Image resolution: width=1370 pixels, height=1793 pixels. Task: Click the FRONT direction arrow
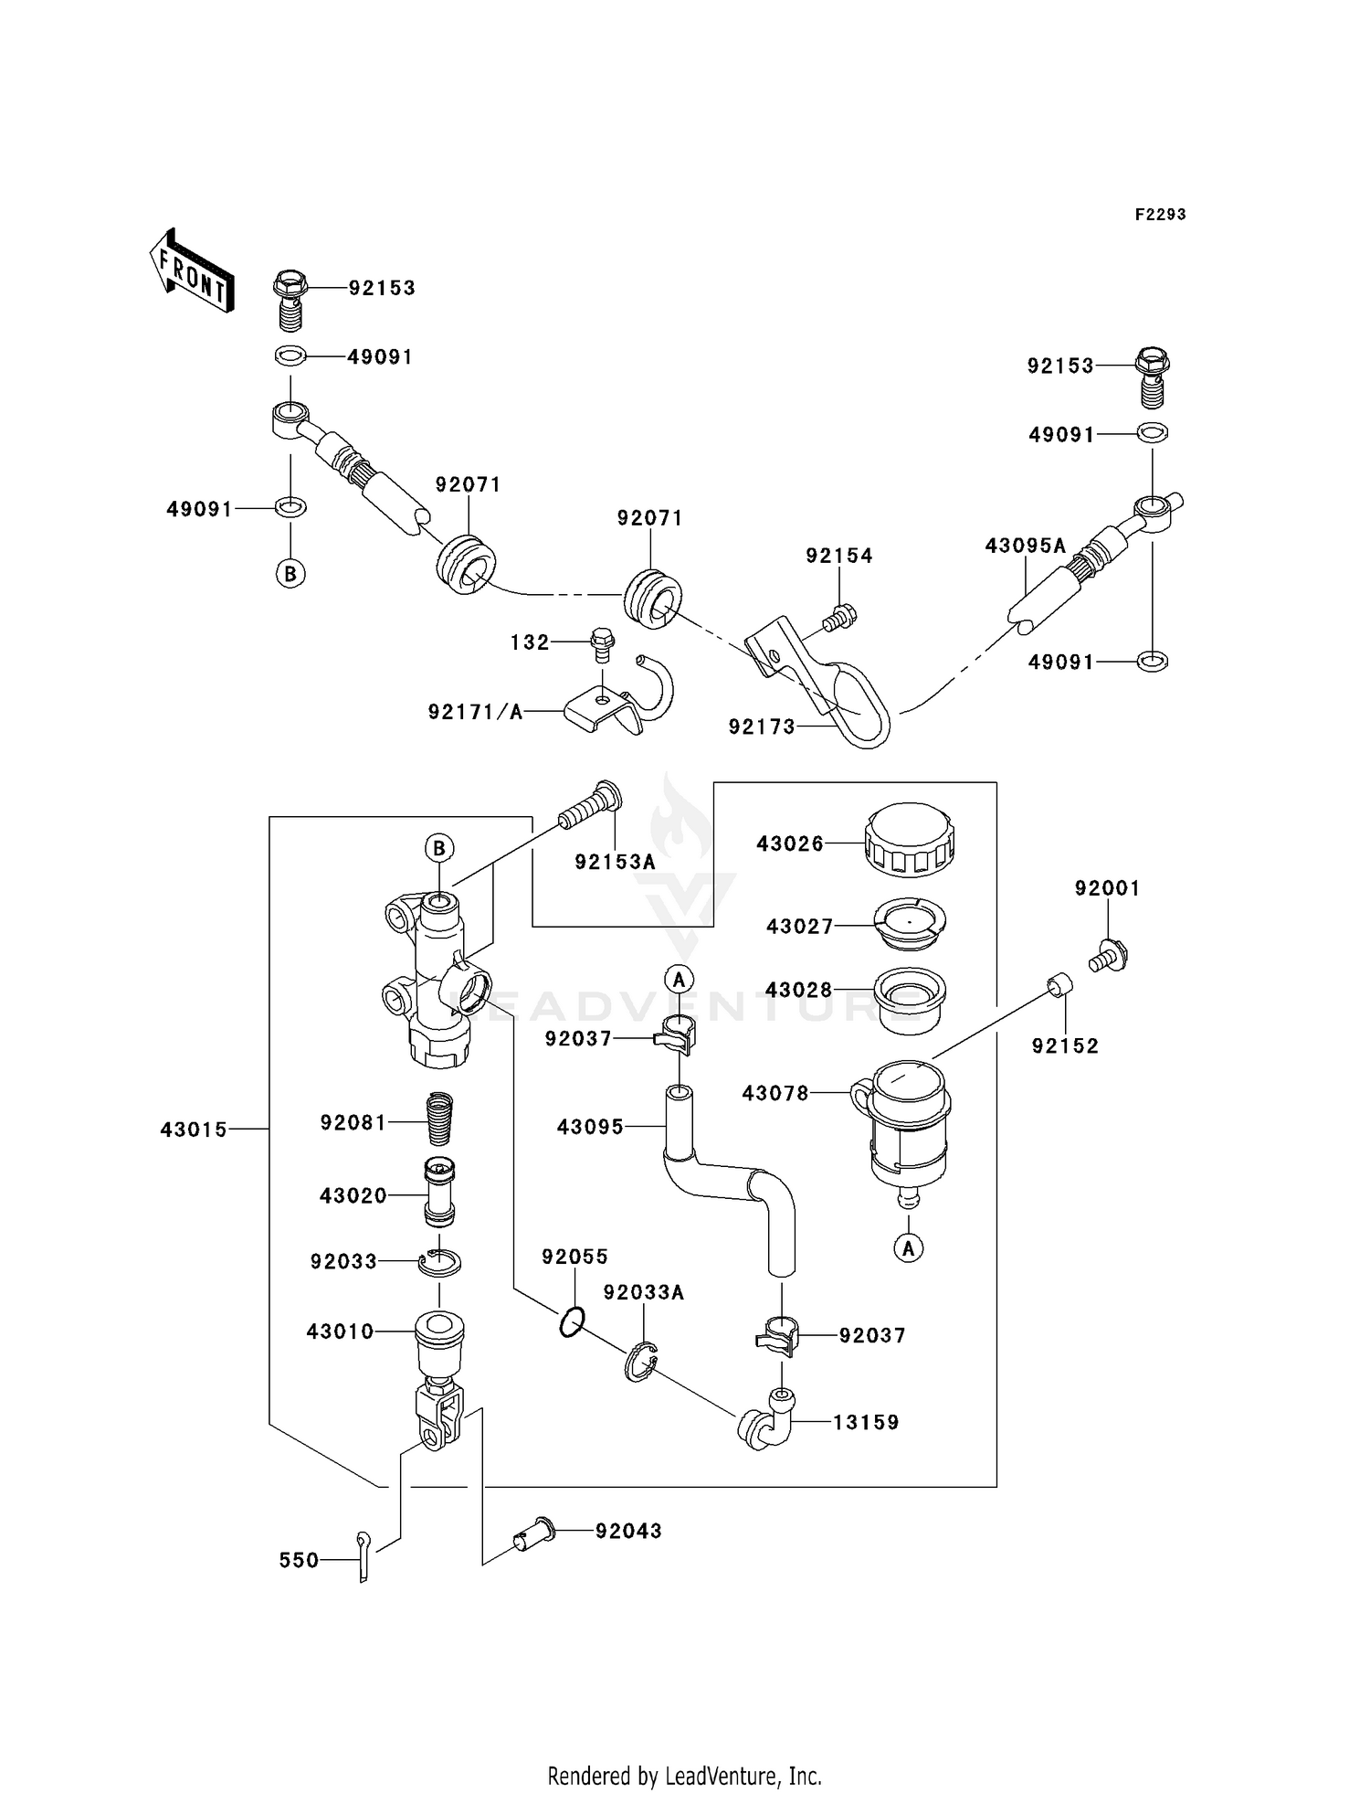click(x=192, y=271)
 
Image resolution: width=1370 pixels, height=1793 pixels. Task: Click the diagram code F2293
click(x=1160, y=215)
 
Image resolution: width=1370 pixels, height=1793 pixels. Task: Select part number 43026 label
click(x=789, y=844)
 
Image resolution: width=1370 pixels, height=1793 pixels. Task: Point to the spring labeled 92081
click(x=441, y=1119)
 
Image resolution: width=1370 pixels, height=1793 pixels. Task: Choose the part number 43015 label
click(x=194, y=1130)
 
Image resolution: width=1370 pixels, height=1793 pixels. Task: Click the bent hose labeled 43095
click(x=731, y=1179)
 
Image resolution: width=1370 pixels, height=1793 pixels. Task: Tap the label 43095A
click(x=1025, y=546)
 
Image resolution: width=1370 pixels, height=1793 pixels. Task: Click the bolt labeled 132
click(x=602, y=643)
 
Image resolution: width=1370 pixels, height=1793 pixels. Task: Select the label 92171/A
click(x=475, y=712)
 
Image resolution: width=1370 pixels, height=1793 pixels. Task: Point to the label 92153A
click(x=615, y=862)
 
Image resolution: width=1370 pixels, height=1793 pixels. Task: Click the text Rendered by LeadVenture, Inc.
click(x=684, y=1776)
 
